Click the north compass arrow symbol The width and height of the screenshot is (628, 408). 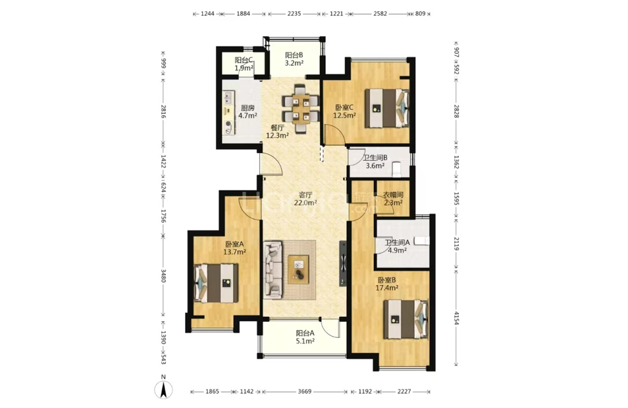(163, 390)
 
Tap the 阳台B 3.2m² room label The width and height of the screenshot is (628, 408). (294, 59)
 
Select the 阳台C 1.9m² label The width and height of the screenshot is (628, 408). (244, 64)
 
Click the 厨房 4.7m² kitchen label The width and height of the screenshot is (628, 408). (248, 112)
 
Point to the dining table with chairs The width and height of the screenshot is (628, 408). (300, 108)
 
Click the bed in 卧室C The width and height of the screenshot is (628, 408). (387, 108)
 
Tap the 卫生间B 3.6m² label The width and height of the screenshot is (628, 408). (375, 162)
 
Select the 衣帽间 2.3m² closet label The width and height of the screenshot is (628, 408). (393, 198)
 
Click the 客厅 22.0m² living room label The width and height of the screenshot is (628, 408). (305, 198)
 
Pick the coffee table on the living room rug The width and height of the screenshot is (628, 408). (298, 269)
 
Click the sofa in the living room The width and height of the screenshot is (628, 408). (273, 269)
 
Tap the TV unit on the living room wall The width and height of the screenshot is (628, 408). (343, 263)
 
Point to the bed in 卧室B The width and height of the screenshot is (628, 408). (406, 319)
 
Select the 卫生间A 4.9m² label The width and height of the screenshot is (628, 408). (397, 246)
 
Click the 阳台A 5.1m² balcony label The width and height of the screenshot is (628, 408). (305, 337)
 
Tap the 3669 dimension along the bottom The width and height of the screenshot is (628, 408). (305, 392)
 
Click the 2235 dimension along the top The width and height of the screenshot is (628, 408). (294, 14)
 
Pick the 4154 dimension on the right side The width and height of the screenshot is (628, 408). (457, 317)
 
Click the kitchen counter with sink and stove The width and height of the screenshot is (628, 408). (228, 113)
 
